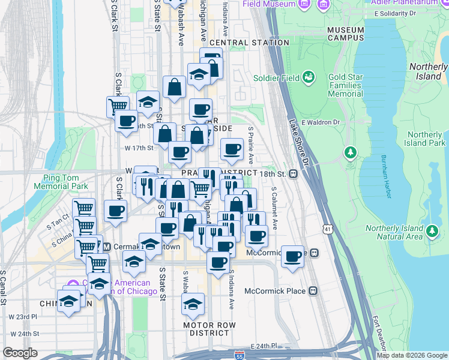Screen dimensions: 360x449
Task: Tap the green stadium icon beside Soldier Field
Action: click(x=309, y=77)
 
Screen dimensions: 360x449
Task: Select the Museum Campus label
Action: click(x=346, y=34)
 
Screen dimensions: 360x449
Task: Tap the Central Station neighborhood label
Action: click(x=249, y=43)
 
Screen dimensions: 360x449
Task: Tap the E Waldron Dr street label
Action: click(x=321, y=122)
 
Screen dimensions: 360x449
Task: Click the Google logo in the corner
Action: click(x=20, y=353)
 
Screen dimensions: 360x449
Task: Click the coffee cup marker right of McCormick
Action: click(x=292, y=257)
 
